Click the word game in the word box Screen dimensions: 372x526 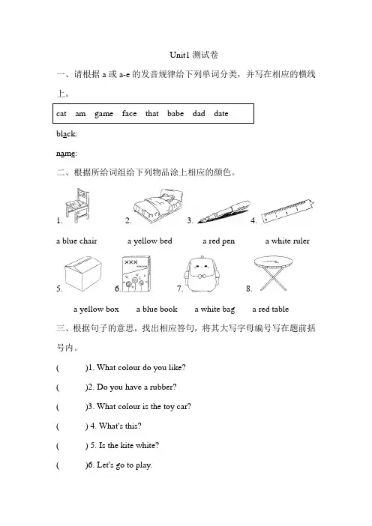[103, 114]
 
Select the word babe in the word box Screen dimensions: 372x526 [175, 113]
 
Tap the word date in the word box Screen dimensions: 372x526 [221, 113]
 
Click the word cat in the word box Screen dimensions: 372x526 [61, 114]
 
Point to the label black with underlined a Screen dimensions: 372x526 [67, 134]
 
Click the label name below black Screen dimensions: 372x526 [67, 154]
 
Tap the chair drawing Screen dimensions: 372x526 [77, 205]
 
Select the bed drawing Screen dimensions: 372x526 [158, 205]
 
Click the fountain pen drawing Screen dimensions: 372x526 [224, 212]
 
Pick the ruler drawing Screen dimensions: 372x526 [288, 211]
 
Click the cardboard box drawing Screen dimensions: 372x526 [83, 273]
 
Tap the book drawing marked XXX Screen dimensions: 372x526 [136, 274]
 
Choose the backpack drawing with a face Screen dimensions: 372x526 [202, 274]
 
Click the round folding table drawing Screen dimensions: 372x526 [273, 273]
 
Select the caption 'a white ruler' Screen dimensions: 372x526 [287, 241]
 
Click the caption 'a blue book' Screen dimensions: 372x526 [157, 309]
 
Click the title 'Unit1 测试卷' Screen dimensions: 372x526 [194, 55]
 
